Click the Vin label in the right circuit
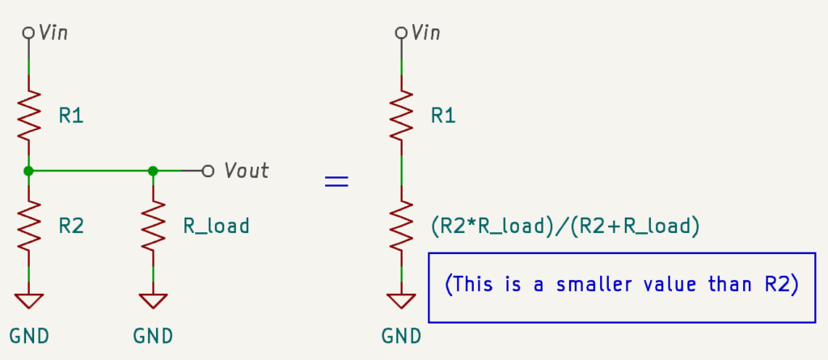tap(426, 32)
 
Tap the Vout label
tap(247, 171)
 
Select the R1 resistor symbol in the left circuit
tap(29, 115)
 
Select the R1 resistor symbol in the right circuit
tap(400, 115)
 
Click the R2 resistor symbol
tap(29, 226)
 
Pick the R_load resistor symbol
tap(153, 226)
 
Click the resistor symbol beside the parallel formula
tap(400, 226)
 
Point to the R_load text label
tap(216, 226)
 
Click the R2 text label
tap(70, 226)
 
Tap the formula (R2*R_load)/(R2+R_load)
tap(565, 226)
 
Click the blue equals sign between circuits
tap(336, 182)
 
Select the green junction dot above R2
tap(29, 171)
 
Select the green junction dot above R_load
tap(153, 171)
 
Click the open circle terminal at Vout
tap(208, 171)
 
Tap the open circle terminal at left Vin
tap(29, 32)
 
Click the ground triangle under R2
tap(29, 300)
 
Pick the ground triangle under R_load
tap(153, 300)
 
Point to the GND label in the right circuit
tap(401, 335)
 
